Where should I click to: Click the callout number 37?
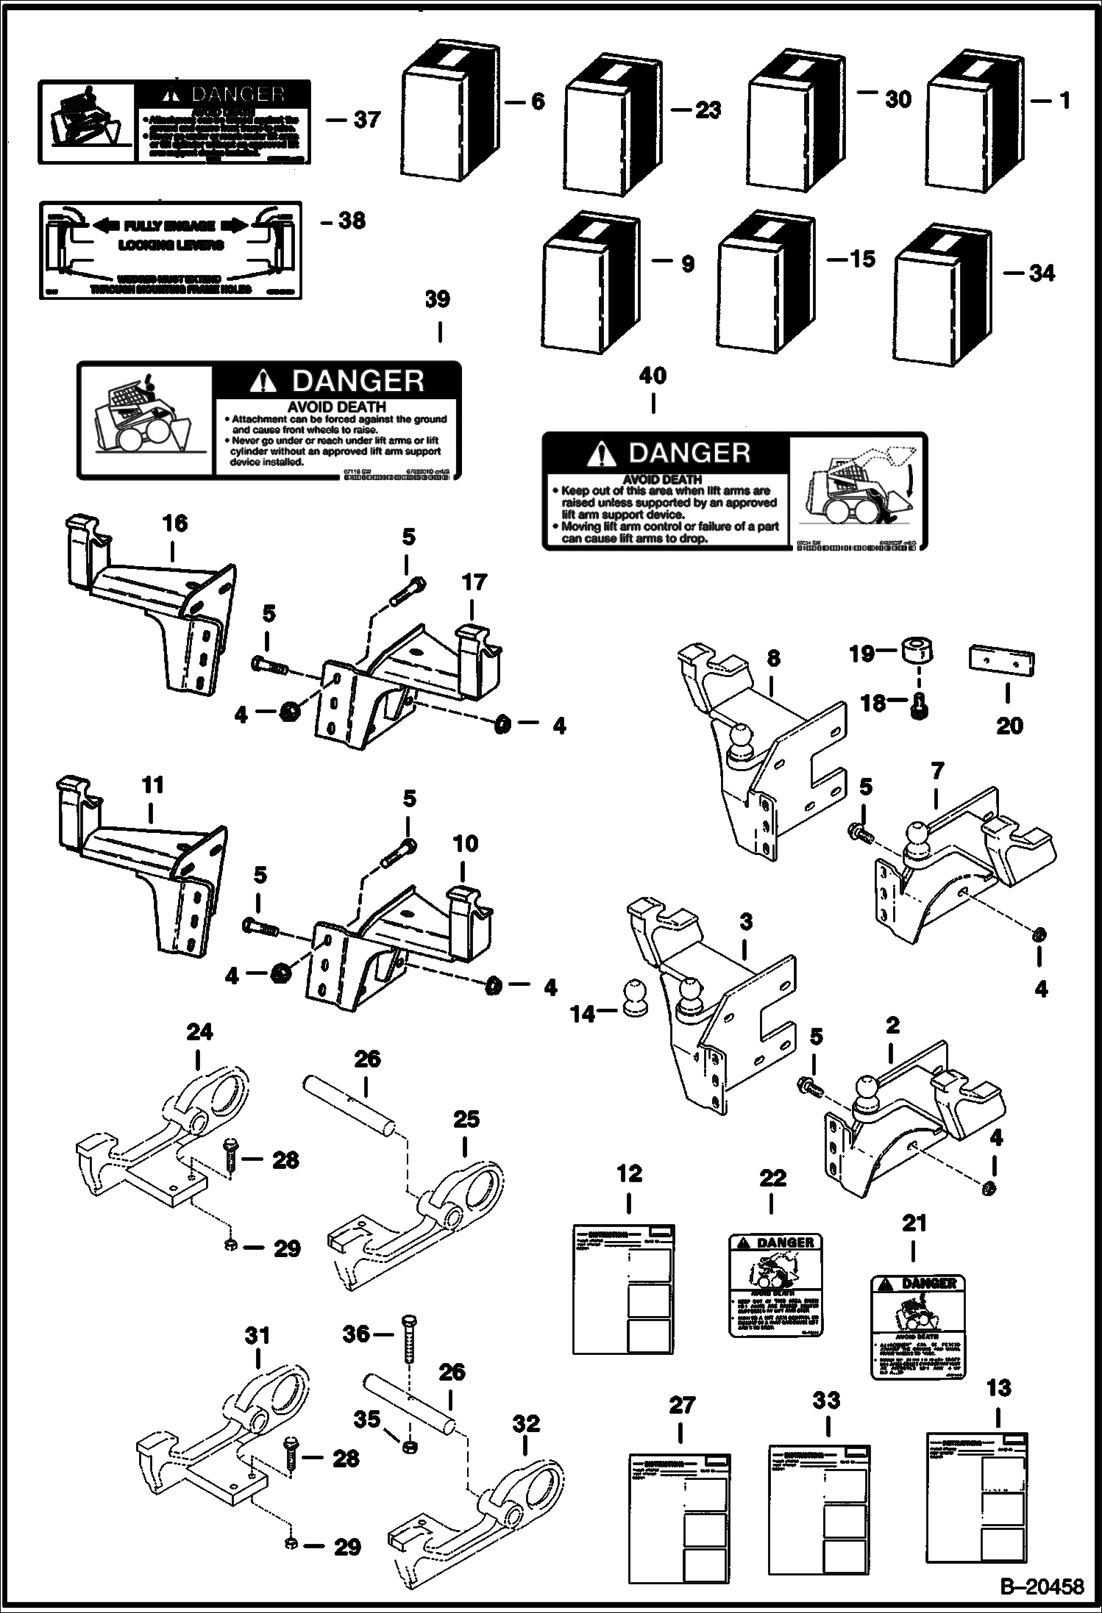(x=366, y=119)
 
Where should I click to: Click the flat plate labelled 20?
(x=1000, y=660)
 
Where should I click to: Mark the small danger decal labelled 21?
(x=917, y=1326)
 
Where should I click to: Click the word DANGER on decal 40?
(x=689, y=453)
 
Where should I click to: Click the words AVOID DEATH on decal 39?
(x=336, y=407)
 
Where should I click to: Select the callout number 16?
(x=175, y=523)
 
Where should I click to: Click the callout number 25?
(x=466, y=1119)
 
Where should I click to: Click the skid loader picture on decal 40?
(x=858, y=491)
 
